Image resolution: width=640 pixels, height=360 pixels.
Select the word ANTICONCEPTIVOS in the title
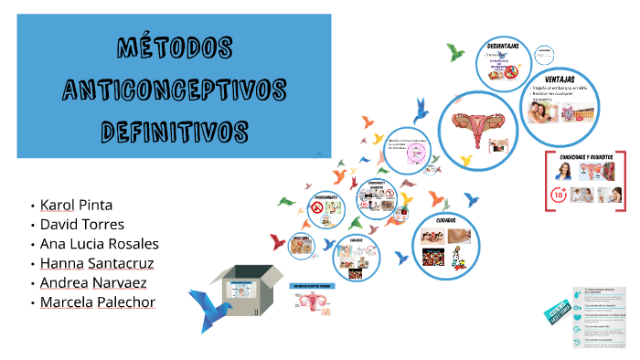[174, 89]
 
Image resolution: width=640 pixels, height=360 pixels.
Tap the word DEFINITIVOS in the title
[174, 129]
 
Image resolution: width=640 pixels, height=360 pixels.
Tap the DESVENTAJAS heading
[504, 45]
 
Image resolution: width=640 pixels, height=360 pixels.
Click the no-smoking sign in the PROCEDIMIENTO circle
[317, 208]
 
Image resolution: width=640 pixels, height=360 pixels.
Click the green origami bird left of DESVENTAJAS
[453, 52]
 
